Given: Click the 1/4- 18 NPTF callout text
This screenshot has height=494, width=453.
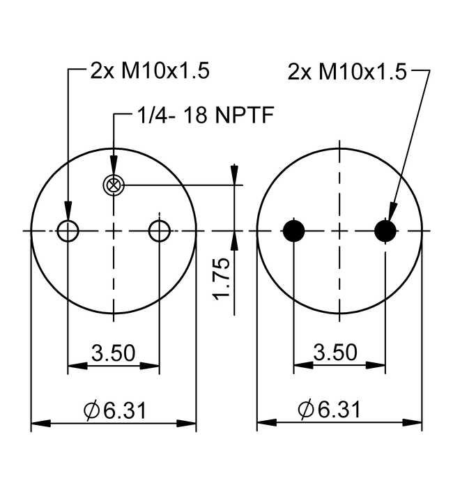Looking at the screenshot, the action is click(x=206, y=115).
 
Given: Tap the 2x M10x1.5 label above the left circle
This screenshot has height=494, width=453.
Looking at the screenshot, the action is click(x=150, y=70).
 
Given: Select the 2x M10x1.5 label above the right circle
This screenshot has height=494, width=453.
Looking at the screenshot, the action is click(x=347, y=72).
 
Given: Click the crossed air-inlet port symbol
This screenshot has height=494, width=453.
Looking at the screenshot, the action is click(x=114, y=185).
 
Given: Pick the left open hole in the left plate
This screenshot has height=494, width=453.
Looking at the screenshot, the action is click(x=68, y=231).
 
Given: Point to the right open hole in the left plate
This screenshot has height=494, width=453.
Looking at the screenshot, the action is click(x=160, y=231).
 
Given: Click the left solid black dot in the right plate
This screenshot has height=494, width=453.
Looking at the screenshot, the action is click(x=293, y=231).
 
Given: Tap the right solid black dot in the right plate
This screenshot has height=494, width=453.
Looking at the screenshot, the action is click(x=385, y=231).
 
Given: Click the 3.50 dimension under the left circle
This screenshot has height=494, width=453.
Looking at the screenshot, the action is click(x=114, y=353).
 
